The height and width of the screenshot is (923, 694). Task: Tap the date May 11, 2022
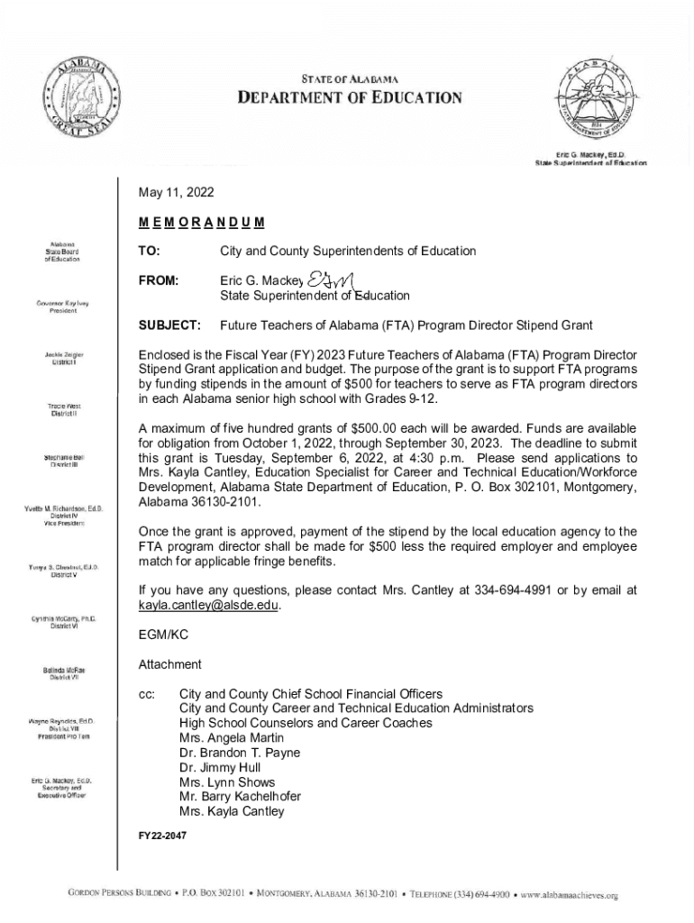click(x=176, y=193)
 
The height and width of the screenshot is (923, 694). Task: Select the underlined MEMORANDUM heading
click(x=201, y=222)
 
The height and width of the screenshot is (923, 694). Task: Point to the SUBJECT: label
click(x=169, y=324)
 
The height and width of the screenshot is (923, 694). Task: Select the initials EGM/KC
click(x=163, y=635)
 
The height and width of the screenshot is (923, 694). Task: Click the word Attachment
click(x=169, y=664)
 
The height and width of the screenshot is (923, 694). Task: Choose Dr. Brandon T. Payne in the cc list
click(x=240, y=753)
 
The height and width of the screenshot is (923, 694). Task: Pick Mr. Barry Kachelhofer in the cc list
click(x=240, y=796)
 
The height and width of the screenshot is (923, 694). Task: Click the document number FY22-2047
click(x=162, y=836)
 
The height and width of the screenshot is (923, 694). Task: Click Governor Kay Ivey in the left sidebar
click(x=62, y=306)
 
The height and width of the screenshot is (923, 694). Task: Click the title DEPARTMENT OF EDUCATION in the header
click(x=350, y=98)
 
